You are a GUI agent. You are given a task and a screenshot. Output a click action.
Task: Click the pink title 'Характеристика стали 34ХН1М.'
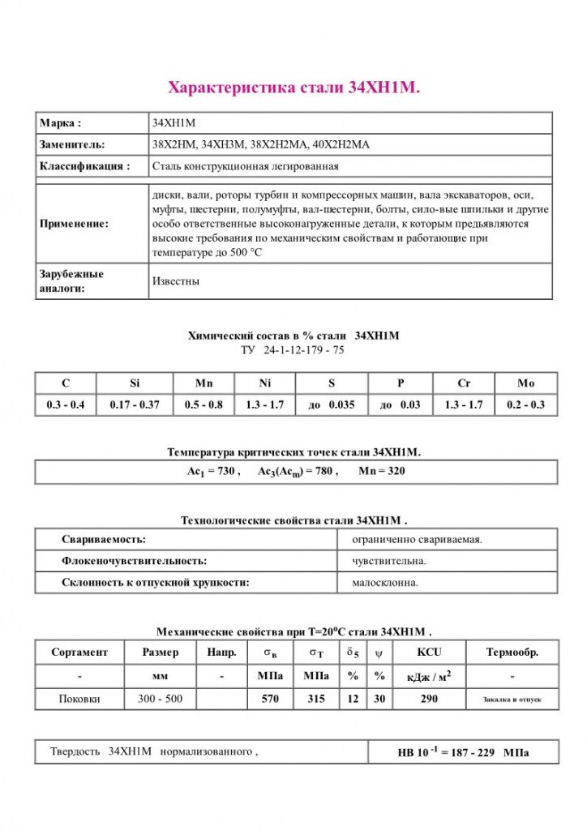[x=293, y=88]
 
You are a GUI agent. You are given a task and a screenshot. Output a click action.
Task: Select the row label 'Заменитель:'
[x=72, y=144]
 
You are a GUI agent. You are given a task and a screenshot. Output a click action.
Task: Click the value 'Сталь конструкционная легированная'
[x=246, y=166]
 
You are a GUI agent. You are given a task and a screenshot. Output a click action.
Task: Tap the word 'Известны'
[x=176, y=281]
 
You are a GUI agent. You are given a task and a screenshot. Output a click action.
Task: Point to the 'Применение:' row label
[x=74, y=224]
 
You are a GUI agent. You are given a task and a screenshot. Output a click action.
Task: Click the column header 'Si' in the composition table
[x=134, y=383]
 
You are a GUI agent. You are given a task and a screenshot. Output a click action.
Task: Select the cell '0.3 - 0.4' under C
[x=66, y=404]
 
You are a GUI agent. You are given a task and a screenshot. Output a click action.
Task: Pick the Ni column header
[x=264, y=383]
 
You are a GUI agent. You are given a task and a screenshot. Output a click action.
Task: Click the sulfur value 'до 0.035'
[x=332, y=404]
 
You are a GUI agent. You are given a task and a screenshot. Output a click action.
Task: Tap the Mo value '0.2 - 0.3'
[x=525, y=404]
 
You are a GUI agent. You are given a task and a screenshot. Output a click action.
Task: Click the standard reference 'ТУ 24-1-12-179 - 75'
[x=293, y=350]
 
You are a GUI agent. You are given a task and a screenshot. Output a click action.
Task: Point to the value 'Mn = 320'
[x=381, y=472]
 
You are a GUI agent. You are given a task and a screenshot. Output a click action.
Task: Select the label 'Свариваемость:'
[x=104, y=539]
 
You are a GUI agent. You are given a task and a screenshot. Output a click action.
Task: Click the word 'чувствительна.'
[x=389, y=560]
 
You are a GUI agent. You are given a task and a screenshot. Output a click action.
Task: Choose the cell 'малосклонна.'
[x=385, y=582]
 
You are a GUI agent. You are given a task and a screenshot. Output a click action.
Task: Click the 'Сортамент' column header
[x=79, y=652]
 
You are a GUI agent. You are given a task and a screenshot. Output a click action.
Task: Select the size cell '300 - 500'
[x=161, y=699]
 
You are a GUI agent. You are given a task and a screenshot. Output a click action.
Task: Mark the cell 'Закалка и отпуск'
[x=512, y=699]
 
